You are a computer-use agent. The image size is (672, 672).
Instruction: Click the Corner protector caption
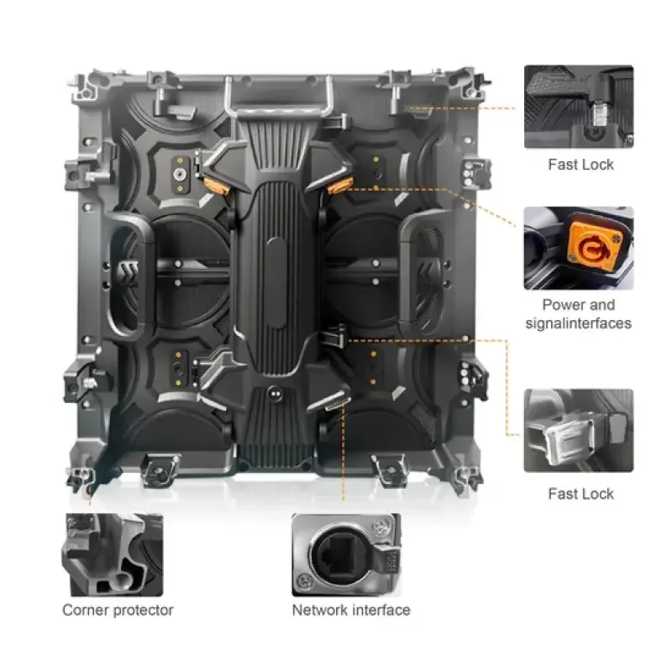118,610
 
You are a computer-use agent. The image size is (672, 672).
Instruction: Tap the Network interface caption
351,610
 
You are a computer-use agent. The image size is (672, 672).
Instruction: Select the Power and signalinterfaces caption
579,313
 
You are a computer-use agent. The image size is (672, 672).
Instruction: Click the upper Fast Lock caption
580,165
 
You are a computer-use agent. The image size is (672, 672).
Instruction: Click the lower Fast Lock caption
580,494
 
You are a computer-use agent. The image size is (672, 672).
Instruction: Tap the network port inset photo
346,554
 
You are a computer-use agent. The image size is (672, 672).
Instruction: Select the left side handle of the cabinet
129,276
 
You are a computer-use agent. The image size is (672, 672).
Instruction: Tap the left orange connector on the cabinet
213,186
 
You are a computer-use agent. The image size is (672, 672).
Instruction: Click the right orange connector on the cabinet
339,185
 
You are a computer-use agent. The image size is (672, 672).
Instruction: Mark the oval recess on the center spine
276,283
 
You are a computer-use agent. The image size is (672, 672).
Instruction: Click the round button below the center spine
276,392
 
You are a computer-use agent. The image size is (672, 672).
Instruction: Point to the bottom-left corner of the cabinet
78,479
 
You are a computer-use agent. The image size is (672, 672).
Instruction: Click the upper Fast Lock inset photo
579,107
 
